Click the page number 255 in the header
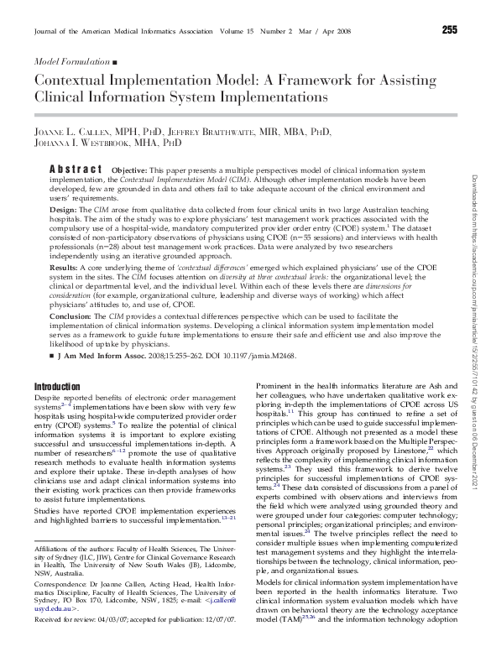pyautogui.click(x=449, y=30)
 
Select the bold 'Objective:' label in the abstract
pyautogui.click(x=130, y=168)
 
